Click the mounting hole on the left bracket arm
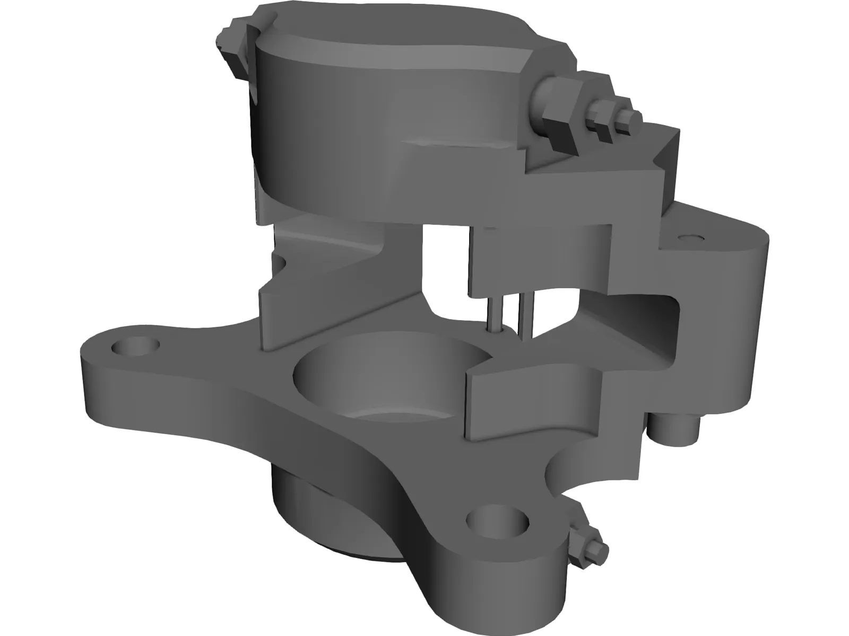click(136, 347)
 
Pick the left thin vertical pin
click(494, 313)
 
